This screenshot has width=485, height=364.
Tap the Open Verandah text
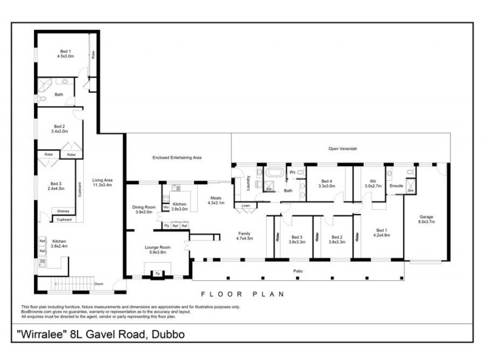(x=343, y=148)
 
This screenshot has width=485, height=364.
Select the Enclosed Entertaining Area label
(x=176, y=158)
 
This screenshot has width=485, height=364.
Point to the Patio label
(x=298, y=271)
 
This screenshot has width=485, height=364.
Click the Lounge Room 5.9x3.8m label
(x=157, y=249)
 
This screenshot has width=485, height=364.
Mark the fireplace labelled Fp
(x=157, y=273)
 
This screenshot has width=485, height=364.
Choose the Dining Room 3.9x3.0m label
(x=143, y=209)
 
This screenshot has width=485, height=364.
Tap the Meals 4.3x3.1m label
(x=216, y=200)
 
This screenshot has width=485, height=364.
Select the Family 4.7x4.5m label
(x=244, y=236)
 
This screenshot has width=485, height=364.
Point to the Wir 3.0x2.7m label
(x=372, y=184)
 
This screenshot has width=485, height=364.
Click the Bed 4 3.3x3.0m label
(x=327, y=184)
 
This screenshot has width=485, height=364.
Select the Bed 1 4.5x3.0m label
(x=65, y=54)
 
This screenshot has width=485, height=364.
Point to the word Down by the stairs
(x=98, y=283)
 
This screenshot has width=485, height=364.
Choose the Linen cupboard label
(x=246, y=206)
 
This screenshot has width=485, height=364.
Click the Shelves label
(x=63, y=211)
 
